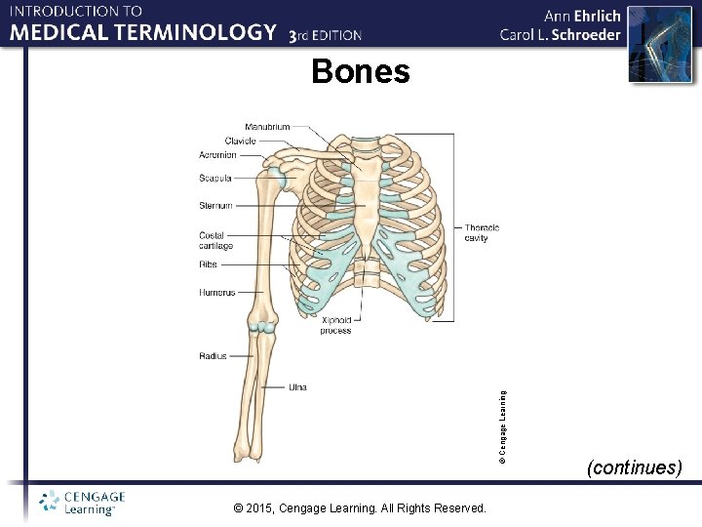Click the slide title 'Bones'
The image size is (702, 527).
(x=361, y=71)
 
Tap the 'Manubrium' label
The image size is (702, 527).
(x=267, y=127)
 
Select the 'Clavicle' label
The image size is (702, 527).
(x=240, y=141)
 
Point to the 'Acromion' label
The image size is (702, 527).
(x=217, y=154)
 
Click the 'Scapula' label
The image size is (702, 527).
(x=215, y=179)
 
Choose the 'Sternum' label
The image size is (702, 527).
(x=215, y=206)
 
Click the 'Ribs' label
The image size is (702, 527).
(x=209, y=263)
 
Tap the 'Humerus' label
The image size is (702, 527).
(x=216, y=292)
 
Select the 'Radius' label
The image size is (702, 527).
(x=213, y=356)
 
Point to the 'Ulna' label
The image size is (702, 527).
(x=297, y=387)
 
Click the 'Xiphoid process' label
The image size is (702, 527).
(x=335, y=325)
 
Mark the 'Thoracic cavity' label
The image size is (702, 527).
(x=482, y=232)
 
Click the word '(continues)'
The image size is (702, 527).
(x=634, y=467)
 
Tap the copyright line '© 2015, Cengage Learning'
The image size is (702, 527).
(x=361, y=508)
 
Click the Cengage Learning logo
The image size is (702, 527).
(x=83, y=502)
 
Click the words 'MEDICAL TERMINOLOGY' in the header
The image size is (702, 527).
(x=143, y=32)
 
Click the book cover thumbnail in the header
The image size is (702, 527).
(x=650, y=44)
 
